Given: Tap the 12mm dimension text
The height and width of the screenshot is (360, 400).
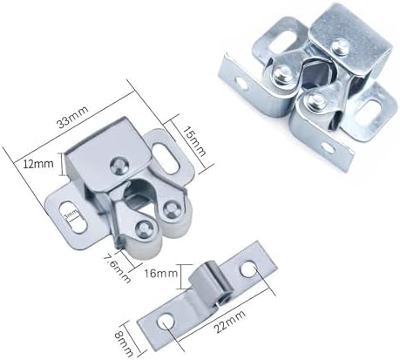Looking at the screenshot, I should tap(35, 164).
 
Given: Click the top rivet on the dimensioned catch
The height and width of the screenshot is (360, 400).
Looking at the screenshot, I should tap(119, 163).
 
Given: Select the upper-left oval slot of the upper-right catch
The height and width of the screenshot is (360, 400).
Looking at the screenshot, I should tap(241, 84).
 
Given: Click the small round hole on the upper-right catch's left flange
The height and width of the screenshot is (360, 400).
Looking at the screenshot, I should tap(327, 148).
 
